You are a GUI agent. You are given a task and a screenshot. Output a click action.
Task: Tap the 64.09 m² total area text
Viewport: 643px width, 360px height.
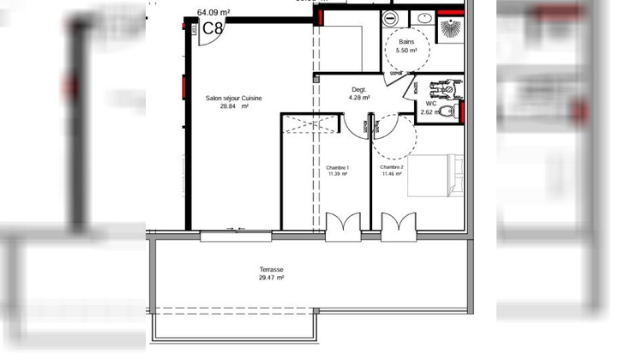(x=213, y=12)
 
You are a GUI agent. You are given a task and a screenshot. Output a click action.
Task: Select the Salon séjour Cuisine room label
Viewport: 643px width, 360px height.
(x=233, y=99)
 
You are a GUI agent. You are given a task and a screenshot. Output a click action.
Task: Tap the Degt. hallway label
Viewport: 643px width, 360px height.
(x=359, y=89)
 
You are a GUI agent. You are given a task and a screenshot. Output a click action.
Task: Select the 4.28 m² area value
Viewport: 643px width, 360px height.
(x=359, y=98)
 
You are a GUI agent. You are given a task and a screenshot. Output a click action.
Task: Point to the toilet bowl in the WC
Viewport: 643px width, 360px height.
(x=445, y=111)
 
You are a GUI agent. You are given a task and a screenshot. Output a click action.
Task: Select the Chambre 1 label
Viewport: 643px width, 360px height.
(x=336, y=167)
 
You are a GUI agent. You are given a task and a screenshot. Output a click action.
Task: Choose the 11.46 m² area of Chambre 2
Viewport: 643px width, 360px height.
(x=392, y=174)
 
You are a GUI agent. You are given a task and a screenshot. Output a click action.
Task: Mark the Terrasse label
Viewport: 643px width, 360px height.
(x=271, y=269)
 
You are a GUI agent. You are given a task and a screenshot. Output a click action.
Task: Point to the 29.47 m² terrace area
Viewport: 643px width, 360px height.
(x=271, y=278)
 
